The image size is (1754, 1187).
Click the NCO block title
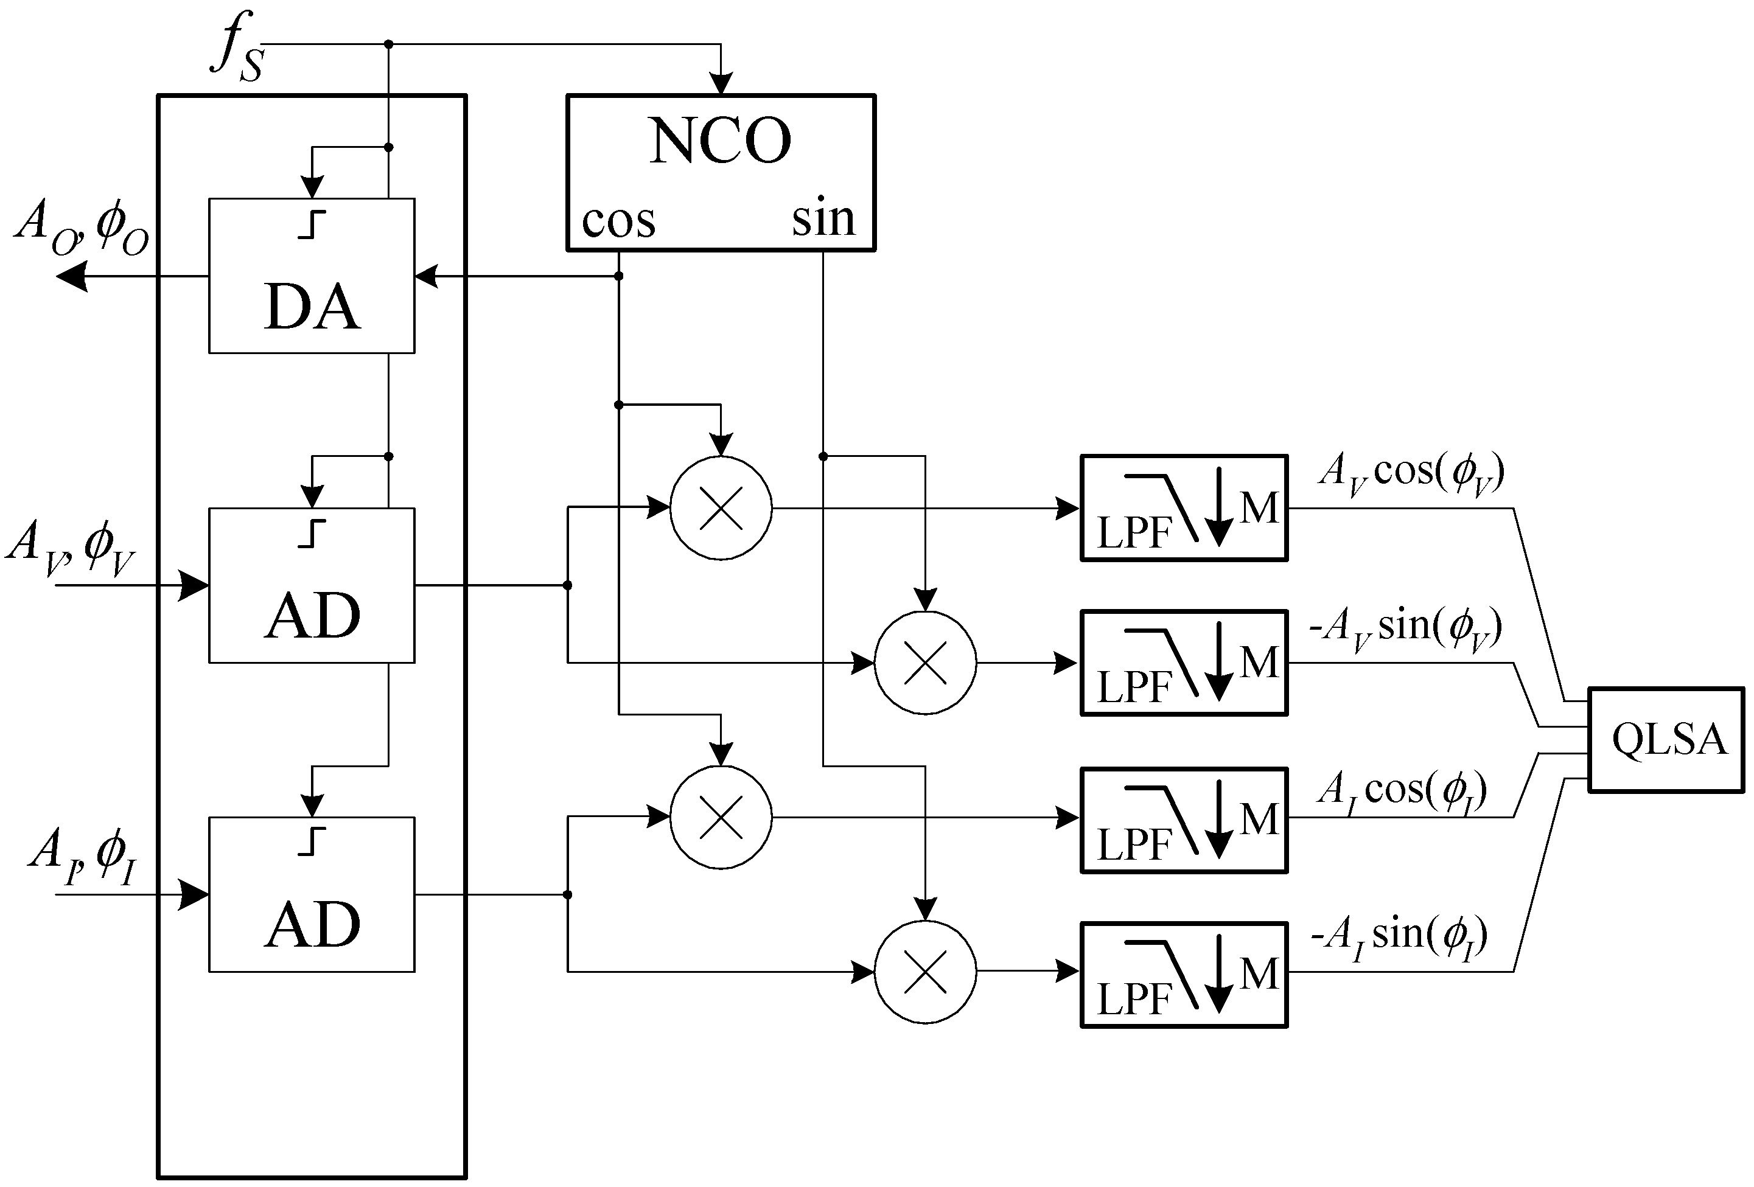pyautogui.click(x=720, y=142)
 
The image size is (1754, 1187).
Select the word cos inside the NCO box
pyautogui.click(x=618, y=221)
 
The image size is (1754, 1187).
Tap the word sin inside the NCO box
pyautogui.click(x=823, y=219)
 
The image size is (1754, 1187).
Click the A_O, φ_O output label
pyautogui.click(x=82, y=228)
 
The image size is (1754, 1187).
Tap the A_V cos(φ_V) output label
pyautogui.click(x=1411, y=474)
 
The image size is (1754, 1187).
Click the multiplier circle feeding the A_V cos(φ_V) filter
pyautogui.click(x=721, y=509)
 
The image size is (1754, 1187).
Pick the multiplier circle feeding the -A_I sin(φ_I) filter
pyautogui.click(x=924, y=973)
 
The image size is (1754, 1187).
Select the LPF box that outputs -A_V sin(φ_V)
pyautogui.click(x=1183, y=663)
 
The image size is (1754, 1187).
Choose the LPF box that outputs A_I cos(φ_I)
pyautogui.click(x=1183, y=821)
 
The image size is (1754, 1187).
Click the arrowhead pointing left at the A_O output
pyautogui.click(x=73, y=277)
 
